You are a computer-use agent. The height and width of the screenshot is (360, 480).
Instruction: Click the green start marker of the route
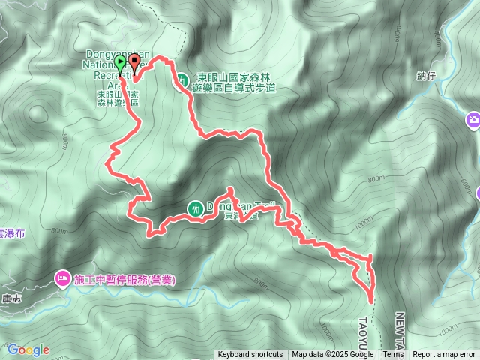pos(121,63)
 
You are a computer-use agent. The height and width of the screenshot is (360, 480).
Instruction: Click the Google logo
pos(28,349)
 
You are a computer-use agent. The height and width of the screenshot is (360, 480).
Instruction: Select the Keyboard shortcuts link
pos(250,355)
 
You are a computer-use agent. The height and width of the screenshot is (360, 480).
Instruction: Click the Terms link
pos(393,355)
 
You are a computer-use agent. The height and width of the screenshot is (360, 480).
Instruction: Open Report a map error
pos(444,355)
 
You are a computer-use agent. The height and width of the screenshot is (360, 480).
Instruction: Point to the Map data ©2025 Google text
pos(332,355)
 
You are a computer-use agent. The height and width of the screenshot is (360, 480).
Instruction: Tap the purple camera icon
pos(472,119)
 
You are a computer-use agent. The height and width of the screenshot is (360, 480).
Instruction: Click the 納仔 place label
pos(425,75)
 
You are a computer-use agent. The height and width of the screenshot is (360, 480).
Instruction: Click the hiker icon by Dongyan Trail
pos(195,208)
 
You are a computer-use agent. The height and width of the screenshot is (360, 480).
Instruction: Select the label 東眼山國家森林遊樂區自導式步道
pos(234,82)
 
